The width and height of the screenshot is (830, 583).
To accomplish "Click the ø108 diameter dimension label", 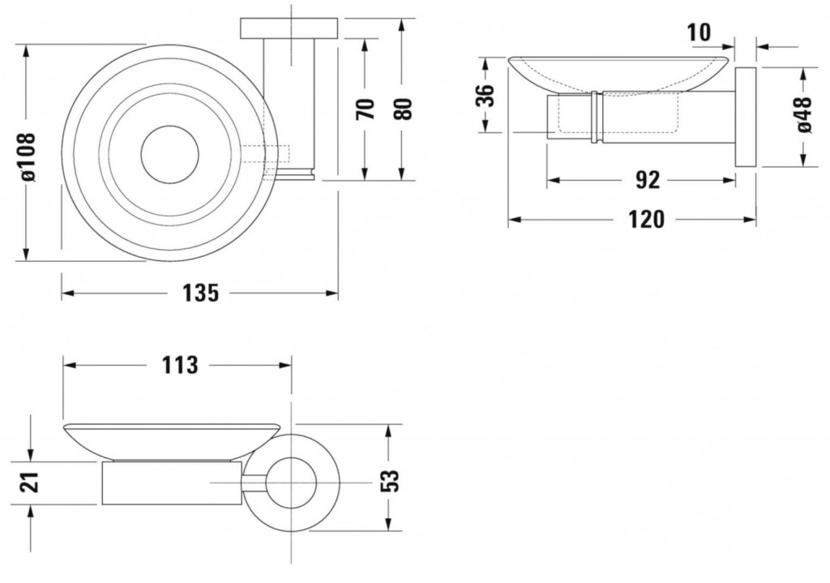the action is point(27,157).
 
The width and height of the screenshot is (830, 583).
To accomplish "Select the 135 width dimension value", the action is point(201,293).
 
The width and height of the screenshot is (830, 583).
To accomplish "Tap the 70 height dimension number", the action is point(366,109).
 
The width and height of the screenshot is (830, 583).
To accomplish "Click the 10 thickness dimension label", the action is point(700,32).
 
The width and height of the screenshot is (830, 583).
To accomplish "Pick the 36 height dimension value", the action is point(486,96).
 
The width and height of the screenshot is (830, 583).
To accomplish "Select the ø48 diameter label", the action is point(802,115).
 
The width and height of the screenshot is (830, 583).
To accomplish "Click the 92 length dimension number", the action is point(648,181).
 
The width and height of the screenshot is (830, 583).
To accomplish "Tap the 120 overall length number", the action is point(646,219).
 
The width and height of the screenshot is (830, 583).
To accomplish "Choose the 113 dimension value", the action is point(180,366).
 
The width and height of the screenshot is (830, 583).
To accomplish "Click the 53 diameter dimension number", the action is point(389,482).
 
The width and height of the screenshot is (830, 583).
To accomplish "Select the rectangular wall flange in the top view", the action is point(289,28).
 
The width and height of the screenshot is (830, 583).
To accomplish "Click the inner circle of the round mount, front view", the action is point(291,482).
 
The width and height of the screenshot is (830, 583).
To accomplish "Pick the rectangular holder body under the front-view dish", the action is point(173,483).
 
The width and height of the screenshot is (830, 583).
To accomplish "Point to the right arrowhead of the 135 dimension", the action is point(332,293).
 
